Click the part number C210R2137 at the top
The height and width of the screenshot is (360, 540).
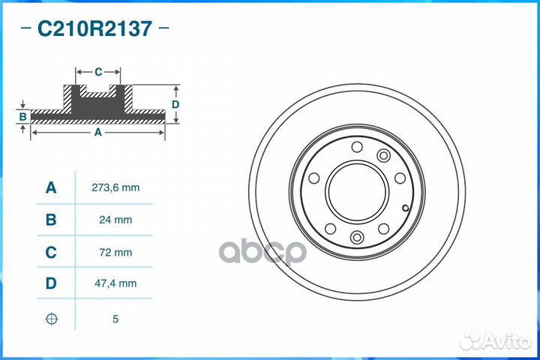[x=94, y=29]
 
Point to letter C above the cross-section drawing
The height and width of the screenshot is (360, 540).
[x=98, y=72]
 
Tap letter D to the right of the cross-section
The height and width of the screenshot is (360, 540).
[x=175, y=104]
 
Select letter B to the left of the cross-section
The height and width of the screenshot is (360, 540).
[x=23, y=116]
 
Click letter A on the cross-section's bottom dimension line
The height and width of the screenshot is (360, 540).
[x=97, y=132]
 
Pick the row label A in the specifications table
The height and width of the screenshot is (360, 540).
[x=51, y=187]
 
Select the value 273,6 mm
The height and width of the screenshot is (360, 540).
[x=115, y=187]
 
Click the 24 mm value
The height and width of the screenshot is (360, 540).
[x=115, y=220]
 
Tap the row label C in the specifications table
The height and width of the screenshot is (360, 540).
[x=51, y=253]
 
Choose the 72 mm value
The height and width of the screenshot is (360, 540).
[x=115, y=253]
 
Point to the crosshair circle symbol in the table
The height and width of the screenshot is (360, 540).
[x=51, y=319]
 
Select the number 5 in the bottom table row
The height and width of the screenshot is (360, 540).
[x=115, y=319]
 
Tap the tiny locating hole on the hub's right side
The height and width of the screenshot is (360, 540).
[x=404, y=208]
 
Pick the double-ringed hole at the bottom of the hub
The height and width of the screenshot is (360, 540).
[x=357, y=238]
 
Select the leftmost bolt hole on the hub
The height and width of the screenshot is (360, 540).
[x=313, y=178]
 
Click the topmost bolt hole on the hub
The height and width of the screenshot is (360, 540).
[x=357, y=146]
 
